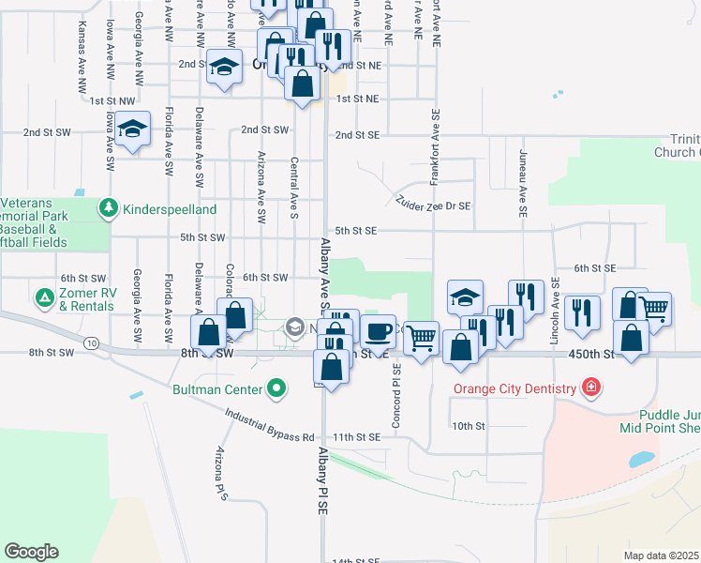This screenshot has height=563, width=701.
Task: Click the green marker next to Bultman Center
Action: (276, 387)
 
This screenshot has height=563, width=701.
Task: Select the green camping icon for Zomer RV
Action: (43, 298)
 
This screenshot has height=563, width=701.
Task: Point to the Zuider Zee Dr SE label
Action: (433, 203)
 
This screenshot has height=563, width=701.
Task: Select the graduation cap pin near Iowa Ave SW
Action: (133, 129)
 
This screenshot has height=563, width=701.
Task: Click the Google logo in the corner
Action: (32, 552)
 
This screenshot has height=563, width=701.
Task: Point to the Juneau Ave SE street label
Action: (521, 189)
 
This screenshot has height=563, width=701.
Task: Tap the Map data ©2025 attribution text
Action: (661, 555)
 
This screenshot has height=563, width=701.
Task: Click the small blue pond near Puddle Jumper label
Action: (642, 460)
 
